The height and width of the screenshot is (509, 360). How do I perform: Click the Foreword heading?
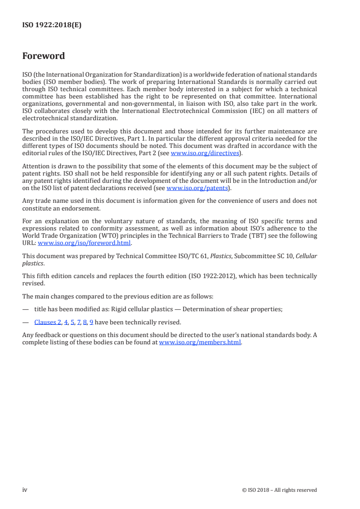click(44, 56)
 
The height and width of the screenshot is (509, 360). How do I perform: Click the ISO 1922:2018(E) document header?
click(52, 25)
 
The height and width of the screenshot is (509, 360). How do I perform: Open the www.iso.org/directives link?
click(205, 153)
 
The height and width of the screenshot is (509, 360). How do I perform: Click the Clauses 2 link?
click(48, 323)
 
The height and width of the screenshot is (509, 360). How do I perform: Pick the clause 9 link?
click(91, 323)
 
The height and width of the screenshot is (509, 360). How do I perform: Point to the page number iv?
click(25, 489)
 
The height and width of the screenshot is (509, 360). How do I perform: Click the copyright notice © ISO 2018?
click(280, 490)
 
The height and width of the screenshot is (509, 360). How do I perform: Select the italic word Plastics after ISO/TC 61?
click(221, 256)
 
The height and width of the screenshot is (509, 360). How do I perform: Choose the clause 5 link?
click(72, 323)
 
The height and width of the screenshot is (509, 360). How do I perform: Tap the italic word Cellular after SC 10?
click(306, 256)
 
